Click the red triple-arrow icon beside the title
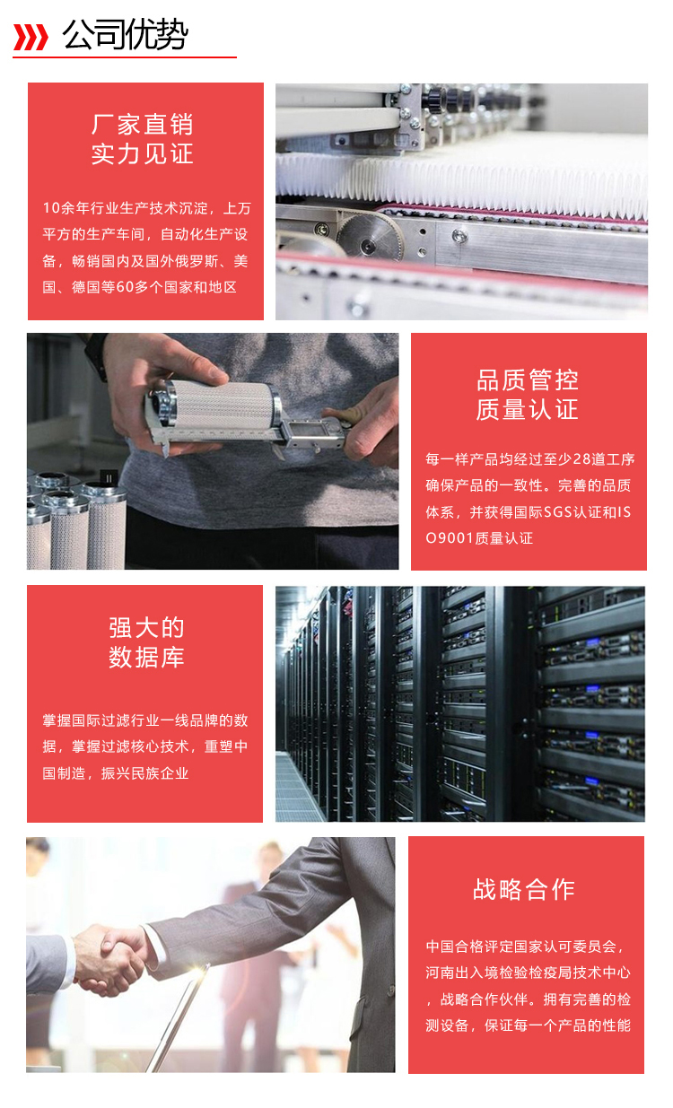point(31,37)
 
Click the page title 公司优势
point(125,36)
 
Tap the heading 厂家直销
point(143,124)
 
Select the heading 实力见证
point(143,153)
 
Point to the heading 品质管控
point(528,380)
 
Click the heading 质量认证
point(528,410)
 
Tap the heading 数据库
point(146,657)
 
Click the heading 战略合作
point(524,889)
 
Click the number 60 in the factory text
point(126,287)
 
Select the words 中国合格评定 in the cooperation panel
point(465,947)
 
